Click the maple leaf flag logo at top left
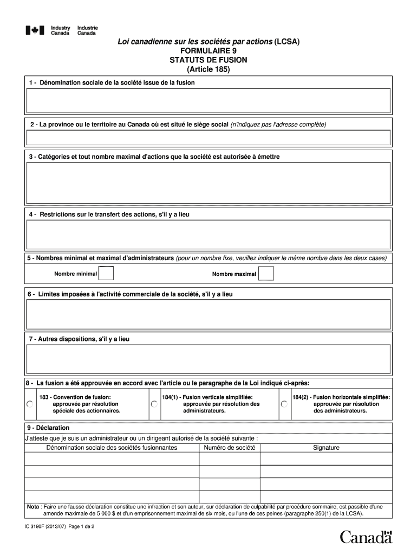pos(34,31)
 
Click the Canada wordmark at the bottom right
pos(366,537)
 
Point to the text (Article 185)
pos(208,70)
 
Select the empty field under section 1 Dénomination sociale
pos(208,101)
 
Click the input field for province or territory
pos(208,138)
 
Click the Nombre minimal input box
pos(106,274)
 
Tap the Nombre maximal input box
pos(266,274)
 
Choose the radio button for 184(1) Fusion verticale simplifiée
pos(154,404)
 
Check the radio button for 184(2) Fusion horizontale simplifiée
pos(284,404)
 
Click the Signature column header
pos(326,448)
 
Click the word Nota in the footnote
pos(33,507)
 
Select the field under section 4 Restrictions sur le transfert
pos(208,234)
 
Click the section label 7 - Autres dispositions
pos(79,339)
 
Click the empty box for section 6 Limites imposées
pos(208,314)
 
